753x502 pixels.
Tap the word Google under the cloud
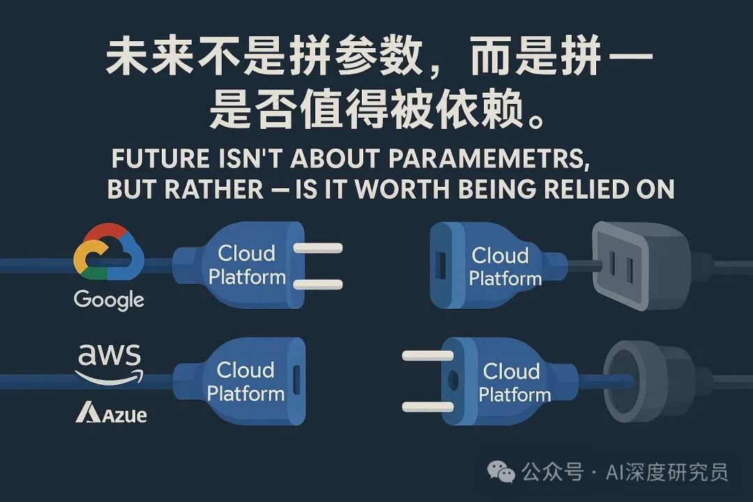click(109, 301)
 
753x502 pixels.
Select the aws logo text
click(109, 358)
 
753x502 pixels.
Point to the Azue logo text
click(111, 413)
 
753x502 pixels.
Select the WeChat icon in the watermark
click(502, 473)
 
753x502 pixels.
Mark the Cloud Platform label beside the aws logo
click(245, 381)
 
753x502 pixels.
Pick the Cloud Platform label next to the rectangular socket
click(505, 267)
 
